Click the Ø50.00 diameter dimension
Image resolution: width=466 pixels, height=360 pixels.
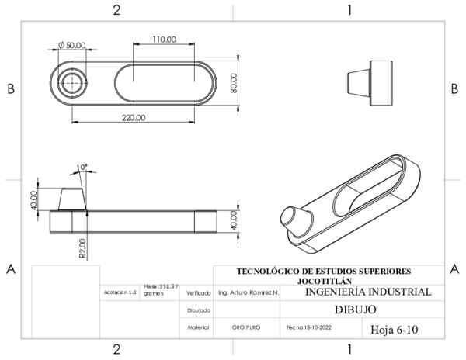[71, 46]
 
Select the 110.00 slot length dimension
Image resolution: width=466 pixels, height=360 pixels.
[165, 39]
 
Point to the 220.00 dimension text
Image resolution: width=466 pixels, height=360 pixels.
[133, 117]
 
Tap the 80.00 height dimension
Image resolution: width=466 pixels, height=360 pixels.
[234, 82]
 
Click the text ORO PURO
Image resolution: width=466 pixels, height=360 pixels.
[245, 328]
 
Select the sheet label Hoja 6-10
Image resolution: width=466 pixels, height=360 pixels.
[395, 329]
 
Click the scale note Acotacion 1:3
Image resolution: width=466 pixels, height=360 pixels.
[120, 293]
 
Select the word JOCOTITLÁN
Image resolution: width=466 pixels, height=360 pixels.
[323, 280]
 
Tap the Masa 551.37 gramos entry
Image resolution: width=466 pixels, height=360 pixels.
[161, 290]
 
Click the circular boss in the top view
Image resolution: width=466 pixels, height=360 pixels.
[73, 81]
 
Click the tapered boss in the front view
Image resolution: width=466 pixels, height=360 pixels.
[72, 199]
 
